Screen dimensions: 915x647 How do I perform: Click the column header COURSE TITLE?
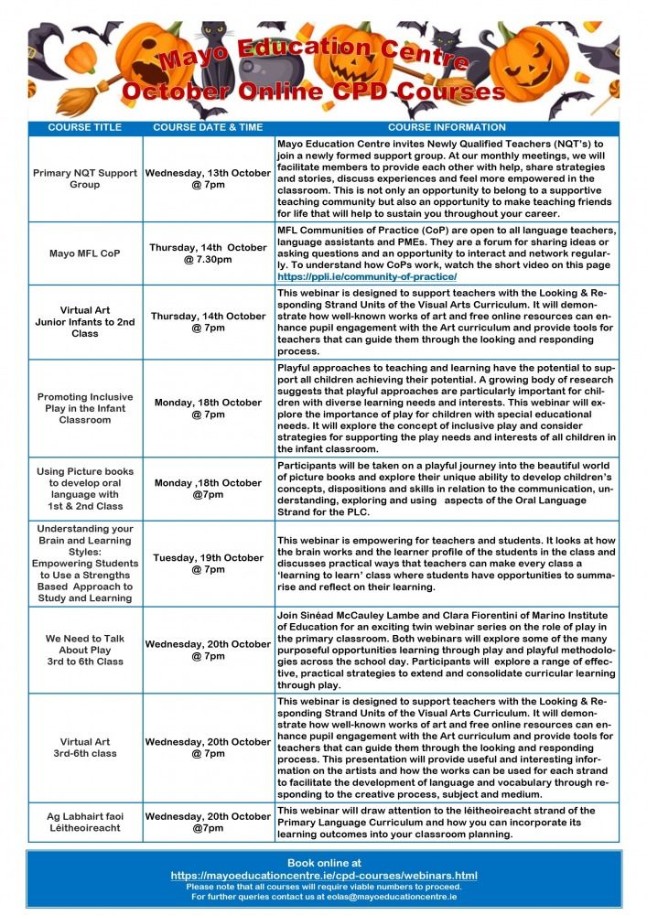[x=84, y=127]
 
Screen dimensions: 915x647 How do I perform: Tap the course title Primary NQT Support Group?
[x=84, y=178]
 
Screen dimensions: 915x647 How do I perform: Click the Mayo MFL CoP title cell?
[x=84, y=253]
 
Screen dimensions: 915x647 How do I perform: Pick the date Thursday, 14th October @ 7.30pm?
[x=208, y=253]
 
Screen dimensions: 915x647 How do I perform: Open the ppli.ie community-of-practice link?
[x=367, y=275]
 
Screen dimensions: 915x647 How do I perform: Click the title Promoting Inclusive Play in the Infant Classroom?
[x=84, y=409]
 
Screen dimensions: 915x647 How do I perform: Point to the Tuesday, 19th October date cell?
[x=208, y=564]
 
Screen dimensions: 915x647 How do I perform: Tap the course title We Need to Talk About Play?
[x=84, y=650]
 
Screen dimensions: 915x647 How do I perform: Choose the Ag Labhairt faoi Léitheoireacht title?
[x=84, y=822]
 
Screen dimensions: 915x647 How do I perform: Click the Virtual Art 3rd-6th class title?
[x=84, y=748]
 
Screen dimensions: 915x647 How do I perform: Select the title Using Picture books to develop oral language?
[x=84, y=489]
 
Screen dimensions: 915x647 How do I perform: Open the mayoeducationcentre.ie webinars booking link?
[x=324, y=876]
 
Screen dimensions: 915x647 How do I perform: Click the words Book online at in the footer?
[x=324, y=863]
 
